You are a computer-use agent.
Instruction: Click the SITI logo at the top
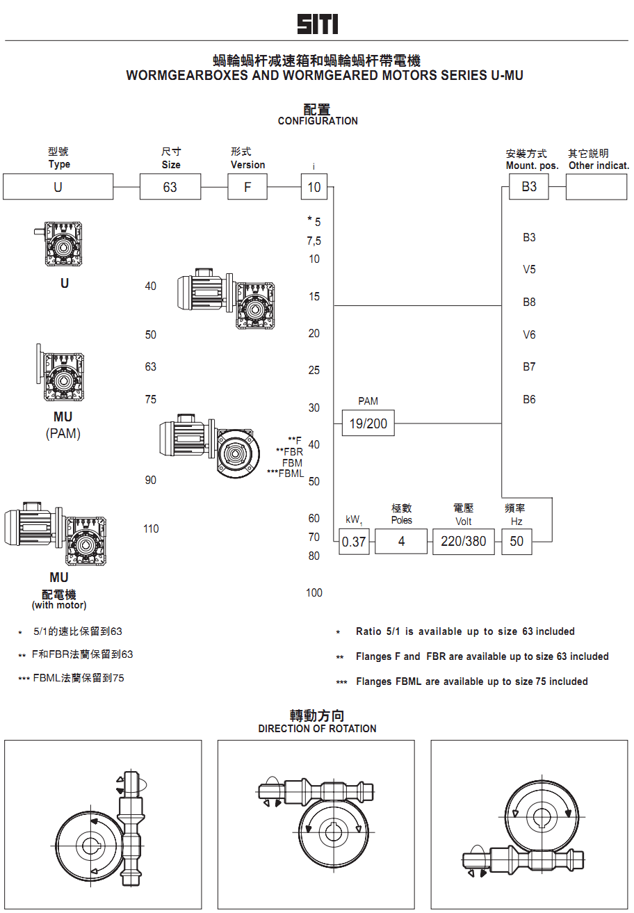[318, 25]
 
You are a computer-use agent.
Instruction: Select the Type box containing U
[58, 187]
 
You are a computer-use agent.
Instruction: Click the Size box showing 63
[170, 187]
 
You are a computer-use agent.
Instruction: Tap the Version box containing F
[247, 187]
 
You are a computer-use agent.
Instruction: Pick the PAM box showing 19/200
[368, 423]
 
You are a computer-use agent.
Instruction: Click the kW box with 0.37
[354, 542]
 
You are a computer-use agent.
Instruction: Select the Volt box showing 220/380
[464, 541]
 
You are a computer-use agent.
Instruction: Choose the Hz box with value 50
[517, 541]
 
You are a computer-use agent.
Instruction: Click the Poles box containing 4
[401, 541]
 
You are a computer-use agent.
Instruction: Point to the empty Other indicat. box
[596, 187]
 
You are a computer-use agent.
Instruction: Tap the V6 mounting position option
[529, 334]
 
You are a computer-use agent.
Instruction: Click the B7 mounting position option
[529, 366]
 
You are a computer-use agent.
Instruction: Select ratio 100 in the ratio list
[314, 592]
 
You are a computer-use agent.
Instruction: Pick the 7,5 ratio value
[314, 241]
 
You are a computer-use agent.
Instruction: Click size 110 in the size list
[151, 528]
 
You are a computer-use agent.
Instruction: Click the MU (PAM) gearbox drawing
[60, 375]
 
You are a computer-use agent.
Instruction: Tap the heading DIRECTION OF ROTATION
[317, 729]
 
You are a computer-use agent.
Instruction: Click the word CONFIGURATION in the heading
[318, 121]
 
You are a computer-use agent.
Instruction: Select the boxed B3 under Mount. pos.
[529, 187]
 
